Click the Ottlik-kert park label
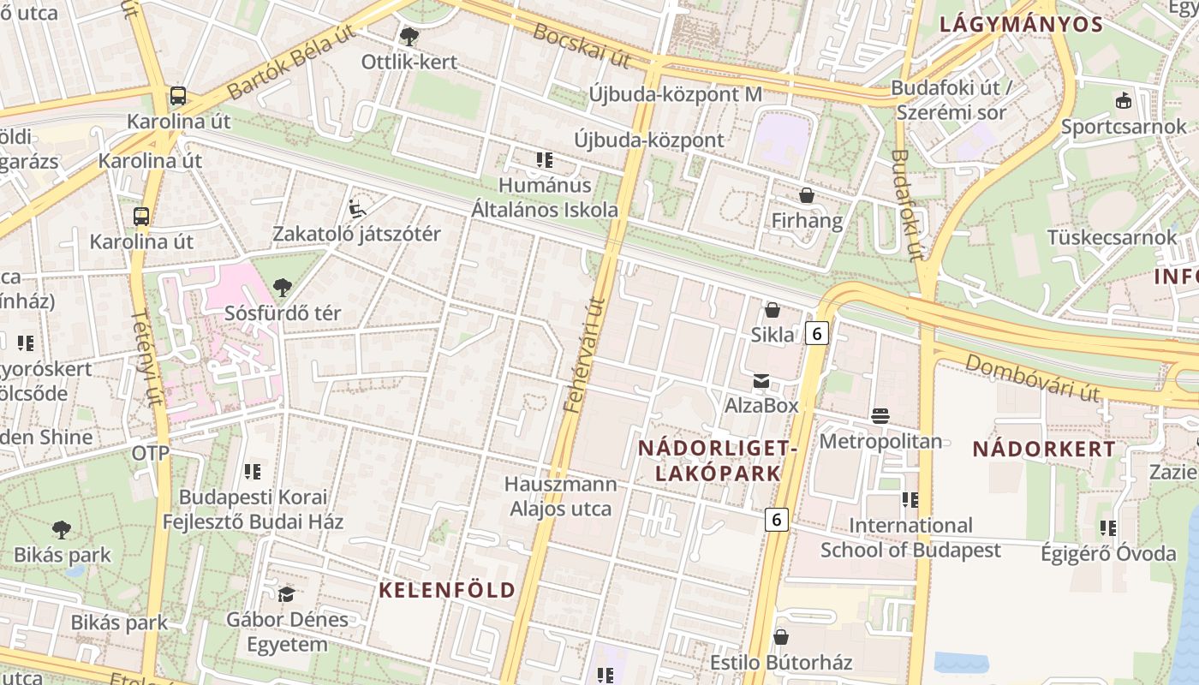[409, 62]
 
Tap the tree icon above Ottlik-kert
[409, 36]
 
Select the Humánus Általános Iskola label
[545, 198]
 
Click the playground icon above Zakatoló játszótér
[357, 208]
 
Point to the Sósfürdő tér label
[283, 313]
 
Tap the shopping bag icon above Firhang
[806, 195]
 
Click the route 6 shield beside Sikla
[817, 333]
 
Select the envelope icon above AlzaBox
[761, 381]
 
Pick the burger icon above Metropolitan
[880, 416]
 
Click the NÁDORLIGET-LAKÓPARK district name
[719, 461]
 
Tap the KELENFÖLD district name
[447, 590]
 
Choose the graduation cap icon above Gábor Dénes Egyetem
[286, 593]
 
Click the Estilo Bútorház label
[781, 663]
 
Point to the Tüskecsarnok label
[1113, 237]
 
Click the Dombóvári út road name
[1032, 377]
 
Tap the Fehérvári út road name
[586, 354]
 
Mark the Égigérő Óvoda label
[1108, 554]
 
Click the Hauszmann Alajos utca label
[561, 497]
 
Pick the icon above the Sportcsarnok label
[1123, 100]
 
